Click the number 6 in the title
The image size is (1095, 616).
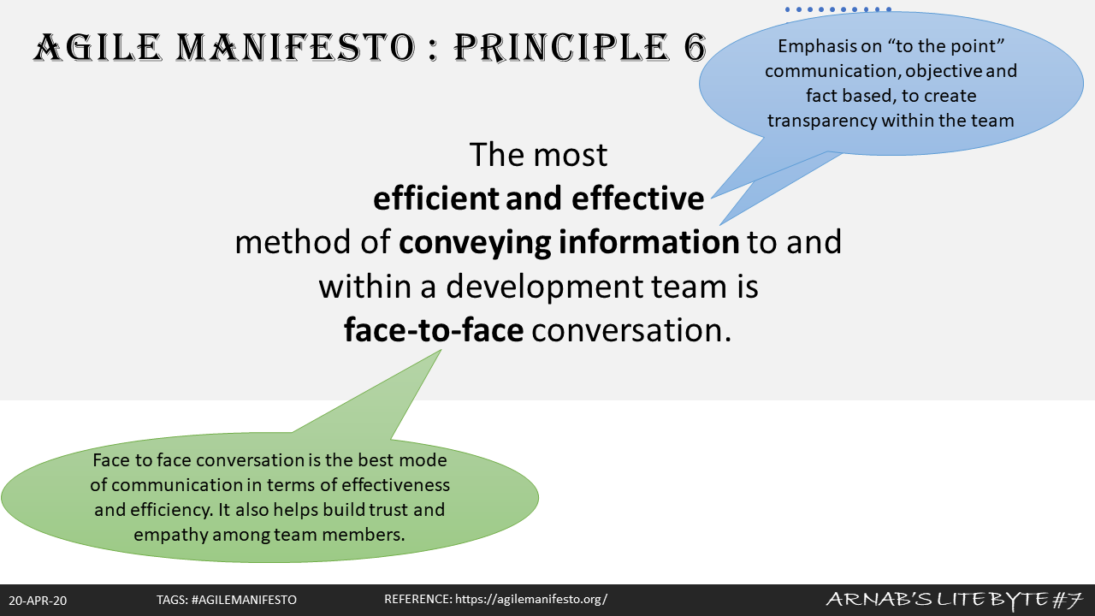(x=695, y=47)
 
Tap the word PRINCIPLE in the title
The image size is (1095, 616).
(x=562, y=48)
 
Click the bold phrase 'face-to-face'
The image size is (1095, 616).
(x=434, y=329)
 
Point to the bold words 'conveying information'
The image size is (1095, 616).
(x=569, y=243)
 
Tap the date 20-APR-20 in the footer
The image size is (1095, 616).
(x=38, y=601)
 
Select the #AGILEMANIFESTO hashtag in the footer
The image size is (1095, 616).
(x=244, y=600)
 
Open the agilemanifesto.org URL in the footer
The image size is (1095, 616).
(x=531, y=600)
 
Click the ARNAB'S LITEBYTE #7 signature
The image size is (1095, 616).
(x=954, y=600)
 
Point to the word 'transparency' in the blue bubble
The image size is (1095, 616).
(x=822, y=121)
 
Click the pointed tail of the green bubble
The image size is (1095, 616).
(x=441, y=350)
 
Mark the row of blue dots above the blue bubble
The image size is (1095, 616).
(x=838, y=9)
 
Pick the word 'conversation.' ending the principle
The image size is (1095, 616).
(x=631, y=330)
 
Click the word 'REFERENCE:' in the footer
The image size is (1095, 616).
(x=418, y=600)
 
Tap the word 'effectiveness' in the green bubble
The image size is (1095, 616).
(x=395, y=485)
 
